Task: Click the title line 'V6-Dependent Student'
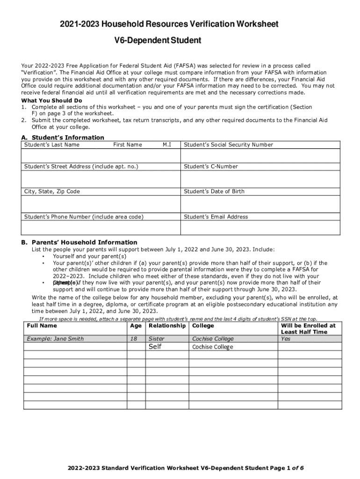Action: pyautogui.click(x=158, y=41)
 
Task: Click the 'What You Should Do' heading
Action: pyautogui.click(x=52, y=101)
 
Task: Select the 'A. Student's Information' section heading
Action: pyautogui.click(x=63, y=138)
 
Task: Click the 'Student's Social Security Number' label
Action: pyautogui.click(x=229, y=145)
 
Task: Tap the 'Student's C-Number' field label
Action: pyautogui.click(x=211, y=167)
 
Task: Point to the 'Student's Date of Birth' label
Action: pyautogui.click(x=214, y=191)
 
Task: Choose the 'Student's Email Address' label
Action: pyautogui.click(x=216, y=217)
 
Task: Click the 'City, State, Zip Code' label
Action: pyautogui.click(x=52, y=191)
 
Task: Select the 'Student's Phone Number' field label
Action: pyautogui.click(x=84, y=217)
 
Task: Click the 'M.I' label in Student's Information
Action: pyautogui.click(x=166, y=145)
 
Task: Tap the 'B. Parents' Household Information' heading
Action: pyautogui.click(x=79, y=242)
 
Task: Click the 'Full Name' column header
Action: pyautogui.click(x=42, y=326)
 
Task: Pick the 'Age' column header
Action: pyautogui.click(x=136, y=326)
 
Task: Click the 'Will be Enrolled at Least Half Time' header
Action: pyautogui.click(x=308, y=328)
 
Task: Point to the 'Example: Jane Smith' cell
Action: pyautogui.click(x=55, y=339)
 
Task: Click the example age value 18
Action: pyautogui.click(x=134, y=339)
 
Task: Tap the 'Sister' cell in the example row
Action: pyautogui.click(x=156, y=339)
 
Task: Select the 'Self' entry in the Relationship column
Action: pyautogui.click(x=155, y=347)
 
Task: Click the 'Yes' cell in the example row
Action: pyautogui.click(x=286, y=339)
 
